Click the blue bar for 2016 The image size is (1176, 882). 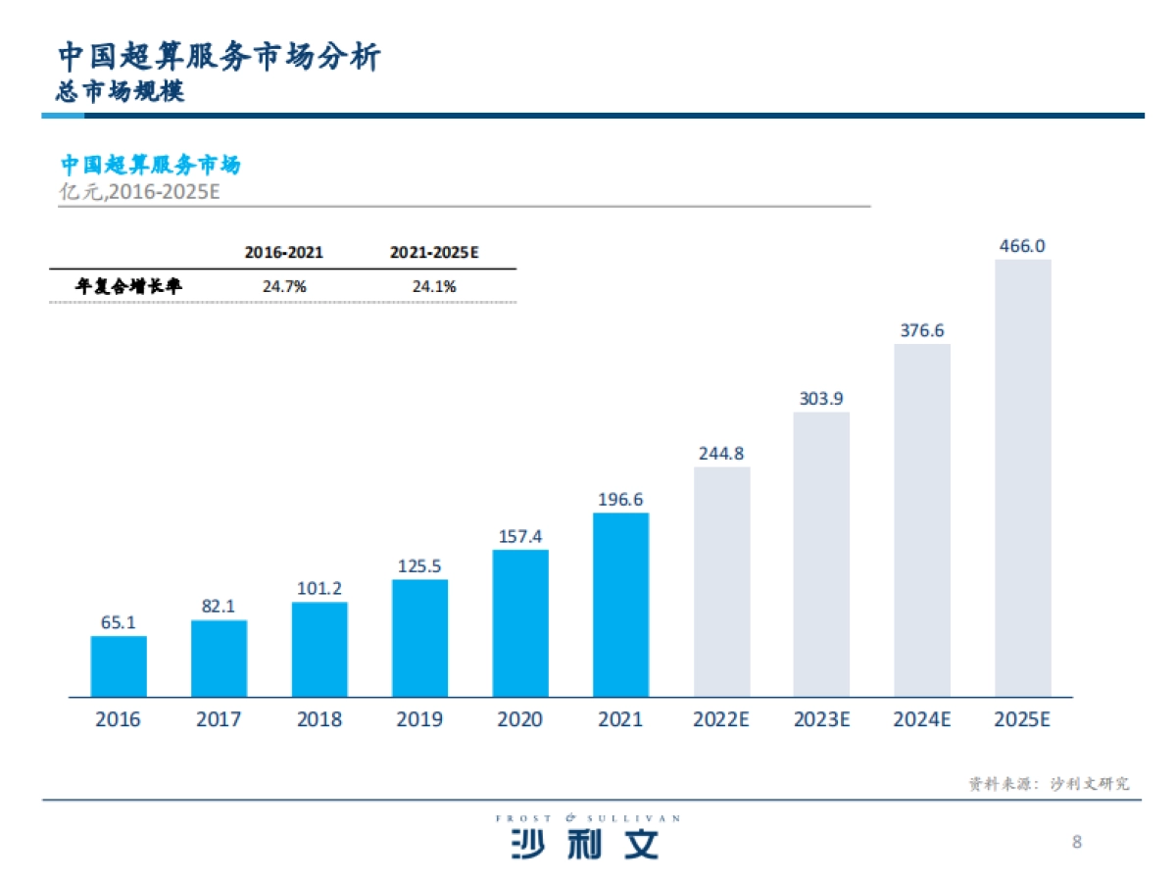click(119, 666)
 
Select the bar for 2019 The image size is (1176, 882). click(419, 638)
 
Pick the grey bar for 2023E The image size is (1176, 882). click(821, 554)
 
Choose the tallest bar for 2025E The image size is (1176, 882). click(1022, 477)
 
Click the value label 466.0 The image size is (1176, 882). click(1022, 246)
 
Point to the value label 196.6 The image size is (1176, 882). click(620, 500)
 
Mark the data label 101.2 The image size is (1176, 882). click(319, 589)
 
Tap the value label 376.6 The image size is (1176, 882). click(922, 330)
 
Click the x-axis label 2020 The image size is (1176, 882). click(519, 720)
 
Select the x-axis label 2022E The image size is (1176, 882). click(721, 720)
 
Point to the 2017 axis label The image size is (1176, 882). click(219, 720)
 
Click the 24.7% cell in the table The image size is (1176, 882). click(284, 287)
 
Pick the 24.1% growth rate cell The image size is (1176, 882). click(433, 287)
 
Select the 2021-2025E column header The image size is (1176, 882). click(433, 253)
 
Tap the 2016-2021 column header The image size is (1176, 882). click(284, 253)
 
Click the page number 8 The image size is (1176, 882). click(1077, 842)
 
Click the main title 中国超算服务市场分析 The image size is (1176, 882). click(218, 56)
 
